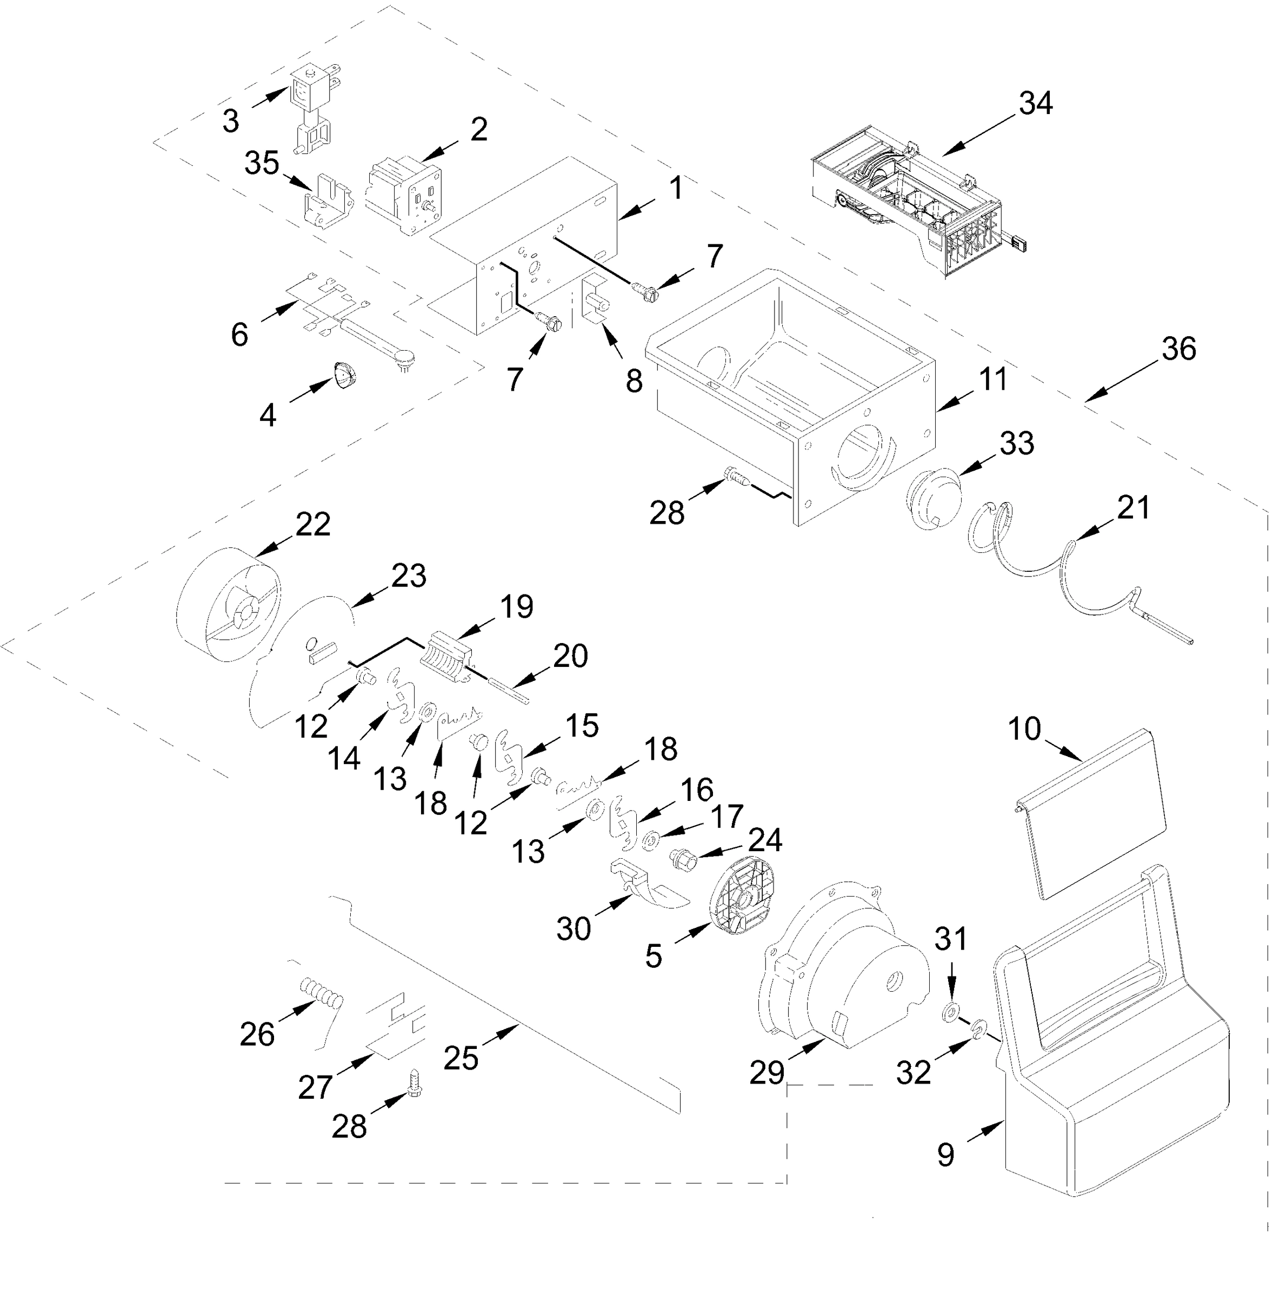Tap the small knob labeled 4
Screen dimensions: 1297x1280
(344, 374)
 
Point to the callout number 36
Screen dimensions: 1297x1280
(1178, 349)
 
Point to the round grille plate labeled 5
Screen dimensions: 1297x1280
(743, 896)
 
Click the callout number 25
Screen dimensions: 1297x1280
(461, 1058)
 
